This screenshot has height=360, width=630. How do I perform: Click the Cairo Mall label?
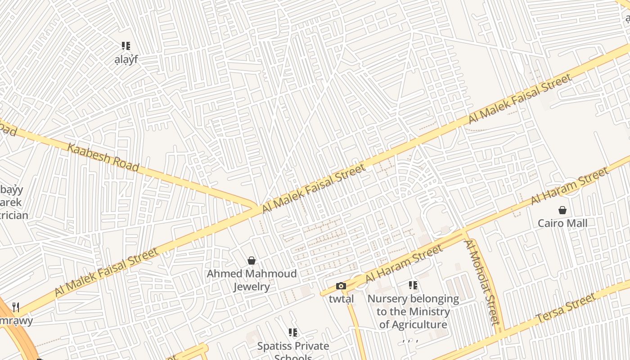click(x=562, y=223)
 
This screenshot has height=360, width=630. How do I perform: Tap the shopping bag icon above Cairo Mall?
click(x=562, y=210)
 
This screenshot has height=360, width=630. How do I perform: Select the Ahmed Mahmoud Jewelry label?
click(x=252, y=280)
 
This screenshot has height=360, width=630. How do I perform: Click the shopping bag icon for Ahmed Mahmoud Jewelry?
click(x=252, y=261)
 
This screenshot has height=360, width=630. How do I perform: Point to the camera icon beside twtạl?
click(x=341, y=286)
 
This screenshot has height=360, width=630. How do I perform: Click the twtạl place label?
click(x=341, y=299)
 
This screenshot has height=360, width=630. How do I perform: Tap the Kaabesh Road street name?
click(x=103, y=157)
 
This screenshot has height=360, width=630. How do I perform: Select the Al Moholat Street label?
click(x=482, y=282)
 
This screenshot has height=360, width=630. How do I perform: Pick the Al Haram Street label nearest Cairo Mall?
click(x=570, y=185)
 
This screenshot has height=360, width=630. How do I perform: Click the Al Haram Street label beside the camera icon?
click(x=404, y=264)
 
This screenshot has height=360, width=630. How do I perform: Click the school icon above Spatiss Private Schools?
click(x=293, y=333)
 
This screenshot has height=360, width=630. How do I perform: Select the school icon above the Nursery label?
click(x=413, y=285)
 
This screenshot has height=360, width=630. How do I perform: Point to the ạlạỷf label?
click(x=126, y=59)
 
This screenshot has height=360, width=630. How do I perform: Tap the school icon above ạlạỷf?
click(x=126, y=46)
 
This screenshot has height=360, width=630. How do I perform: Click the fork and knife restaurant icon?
click(x=16, y=307)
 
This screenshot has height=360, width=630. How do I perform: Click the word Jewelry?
click(x=252, y=287)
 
